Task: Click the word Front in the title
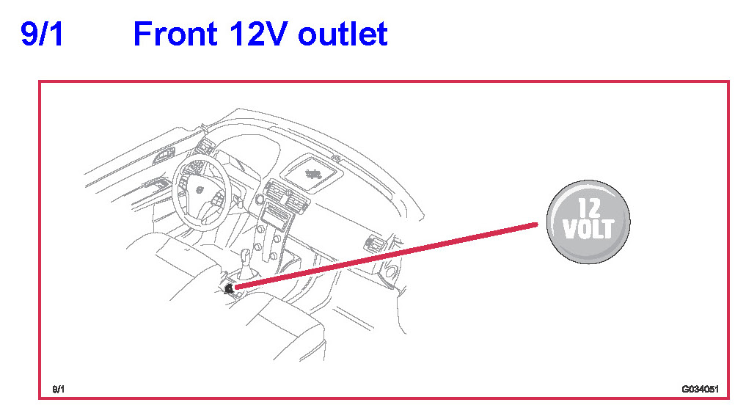pyautogui.click(x=175, y=34)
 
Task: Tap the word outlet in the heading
pyautogui.click(x=343, y=34)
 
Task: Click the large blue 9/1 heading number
pyautogui.click(x=42, y=34)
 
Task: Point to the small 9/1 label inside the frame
pyautogui.click(x=59, y=390)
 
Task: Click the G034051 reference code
pyautogui.click(x=700, y=389)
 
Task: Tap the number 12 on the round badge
pyautogui.click(x=589, y=208)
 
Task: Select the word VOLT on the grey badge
pyautogui.click(x=588, y=228)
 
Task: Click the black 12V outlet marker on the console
pyautogui.click(x=230, y=288)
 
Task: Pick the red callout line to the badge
pyautogui.click(x=387, y=255)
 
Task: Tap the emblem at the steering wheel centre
pyautogui.click(x=200, y=190)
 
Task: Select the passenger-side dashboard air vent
pyautogui.click(x=374, y=244)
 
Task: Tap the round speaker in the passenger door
pyautogui.click(x=391, y=272)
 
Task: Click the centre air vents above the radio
pyautogui.click(x=287, y=195)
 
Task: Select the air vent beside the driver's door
pyautogui.click(x=205, y=147)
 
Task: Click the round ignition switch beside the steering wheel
pyautogui.click(x=260, y=199)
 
